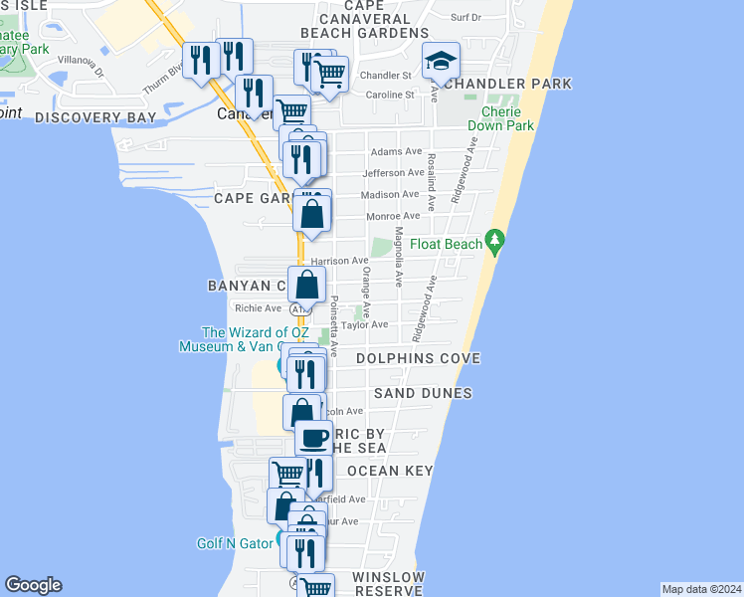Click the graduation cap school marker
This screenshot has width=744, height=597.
pyautogui.click(x=439, y=63)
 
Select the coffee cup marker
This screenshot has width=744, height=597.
pyautogui.click(x=314, y=437)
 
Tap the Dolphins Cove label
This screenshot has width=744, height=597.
pyautogui.click(x=418, y=358)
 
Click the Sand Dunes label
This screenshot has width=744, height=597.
pyautogui.click(x=423, y=393)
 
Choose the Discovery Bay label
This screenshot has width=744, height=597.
pyautogui.click(x=95, y=117)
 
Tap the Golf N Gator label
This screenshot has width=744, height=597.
pyautogui.click(x=235, y=543)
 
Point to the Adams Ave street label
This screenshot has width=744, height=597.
pyautogui.click(x=396, y=151)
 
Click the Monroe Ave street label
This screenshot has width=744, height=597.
pyautogui.click(x=396, y=216)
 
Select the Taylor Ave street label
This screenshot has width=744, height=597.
pyautogui.click(x=364, y=324)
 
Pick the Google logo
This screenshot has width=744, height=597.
pyautogui.click(x=33, y=585)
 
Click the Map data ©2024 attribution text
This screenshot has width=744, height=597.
pyautogui.click(x=700, y=588)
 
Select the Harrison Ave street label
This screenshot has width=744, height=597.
pyautogui.click(x=346, y=261)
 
